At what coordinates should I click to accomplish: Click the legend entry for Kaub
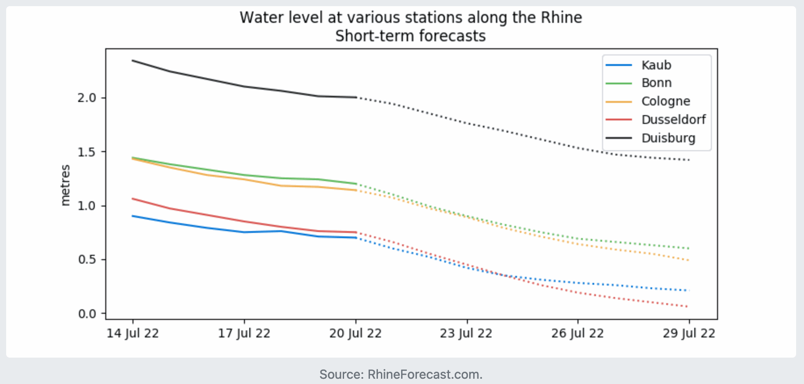pos(656,65)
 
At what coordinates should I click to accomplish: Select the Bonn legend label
pos(656,83)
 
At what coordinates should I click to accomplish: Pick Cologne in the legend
pos(665,101)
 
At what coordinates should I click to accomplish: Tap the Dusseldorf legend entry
pos(673,120)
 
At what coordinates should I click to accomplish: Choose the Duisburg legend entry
pos(668,138)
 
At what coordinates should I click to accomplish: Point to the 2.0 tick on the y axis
pos(87,98)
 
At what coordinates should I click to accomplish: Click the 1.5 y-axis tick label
pos(87,152)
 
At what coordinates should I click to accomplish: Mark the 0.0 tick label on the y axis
pos(87,314)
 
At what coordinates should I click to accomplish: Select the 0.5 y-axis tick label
pos(87,260)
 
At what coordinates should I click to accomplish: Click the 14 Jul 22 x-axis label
pos(133,333)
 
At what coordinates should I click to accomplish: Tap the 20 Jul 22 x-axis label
pos(355,333)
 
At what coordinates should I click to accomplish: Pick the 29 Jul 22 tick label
pos(689,333)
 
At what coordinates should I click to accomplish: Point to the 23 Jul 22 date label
pos(466,333)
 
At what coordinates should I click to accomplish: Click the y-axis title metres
pos(65,185)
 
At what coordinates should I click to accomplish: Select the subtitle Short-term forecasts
pos(410,36)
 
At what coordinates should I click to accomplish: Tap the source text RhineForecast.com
pos(424,374)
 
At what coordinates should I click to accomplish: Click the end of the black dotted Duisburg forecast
pos(689,160)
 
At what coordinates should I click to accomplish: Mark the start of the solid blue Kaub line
pos(133,216)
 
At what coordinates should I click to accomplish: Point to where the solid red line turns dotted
pos(356,232)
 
